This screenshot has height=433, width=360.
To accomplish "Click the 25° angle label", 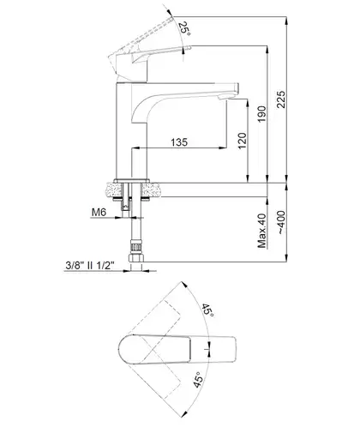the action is click(184, 29).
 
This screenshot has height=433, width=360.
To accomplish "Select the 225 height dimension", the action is click(281, 99).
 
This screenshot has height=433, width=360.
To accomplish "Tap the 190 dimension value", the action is click(261, 114).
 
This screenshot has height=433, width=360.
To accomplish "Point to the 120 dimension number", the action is click(242, 141).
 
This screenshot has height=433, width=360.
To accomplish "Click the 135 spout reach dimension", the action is click(179, 142).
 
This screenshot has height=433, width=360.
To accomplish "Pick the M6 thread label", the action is click(99, 212).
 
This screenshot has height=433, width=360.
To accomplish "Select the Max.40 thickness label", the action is click(261, 231).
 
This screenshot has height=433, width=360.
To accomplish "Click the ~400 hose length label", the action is click(281, 223).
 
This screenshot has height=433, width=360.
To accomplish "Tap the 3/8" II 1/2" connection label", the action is click(90, 266).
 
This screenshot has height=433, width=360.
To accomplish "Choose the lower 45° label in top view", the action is click(199, 380).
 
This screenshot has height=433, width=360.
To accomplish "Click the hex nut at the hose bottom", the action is click(136, 258).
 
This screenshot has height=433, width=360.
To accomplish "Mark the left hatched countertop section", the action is click(114, 190).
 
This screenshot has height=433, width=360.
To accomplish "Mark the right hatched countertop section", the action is click(151, 190).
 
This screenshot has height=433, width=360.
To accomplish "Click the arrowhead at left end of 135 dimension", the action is click(135, 148).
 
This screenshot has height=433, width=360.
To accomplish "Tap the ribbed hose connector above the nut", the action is click(136, 246).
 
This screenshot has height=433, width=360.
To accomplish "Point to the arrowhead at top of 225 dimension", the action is click(286, 21).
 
